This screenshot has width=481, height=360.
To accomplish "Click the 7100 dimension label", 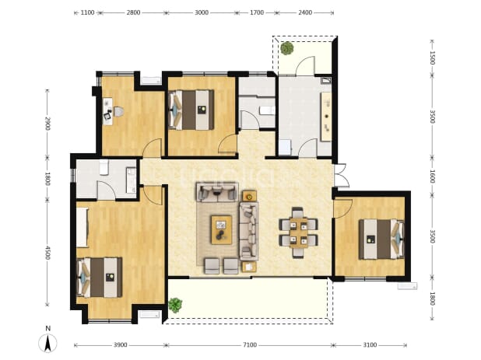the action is click(250, 345).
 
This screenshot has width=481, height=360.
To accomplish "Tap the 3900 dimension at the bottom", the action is click(120, 345).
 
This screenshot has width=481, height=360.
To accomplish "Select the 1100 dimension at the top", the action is click(87, 12).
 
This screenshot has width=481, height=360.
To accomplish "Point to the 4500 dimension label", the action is click(47, 253).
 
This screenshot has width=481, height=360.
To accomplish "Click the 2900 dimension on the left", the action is click(47, 123).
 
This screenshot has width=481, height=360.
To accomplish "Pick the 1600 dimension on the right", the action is click(432, 177).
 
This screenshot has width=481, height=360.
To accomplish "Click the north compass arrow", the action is click(47, 343).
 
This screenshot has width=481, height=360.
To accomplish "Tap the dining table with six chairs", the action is click(298, 232).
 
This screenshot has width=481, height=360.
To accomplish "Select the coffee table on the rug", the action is click(221, 230).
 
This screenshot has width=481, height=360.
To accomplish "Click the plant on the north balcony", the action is click(287, 48).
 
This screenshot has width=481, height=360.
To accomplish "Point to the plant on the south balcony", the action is click(175, 305).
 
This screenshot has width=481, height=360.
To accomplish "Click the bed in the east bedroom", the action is click(381, 239).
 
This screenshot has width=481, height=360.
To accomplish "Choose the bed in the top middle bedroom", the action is click(191, 110).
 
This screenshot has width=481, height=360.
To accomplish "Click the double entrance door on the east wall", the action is click(341, 176).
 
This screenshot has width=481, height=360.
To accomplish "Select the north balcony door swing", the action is click(304, 65).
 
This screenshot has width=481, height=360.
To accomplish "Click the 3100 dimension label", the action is click(370, 345).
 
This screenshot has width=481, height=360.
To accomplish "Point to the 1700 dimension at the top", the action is click(257, 12).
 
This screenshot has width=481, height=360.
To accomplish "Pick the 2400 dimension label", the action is click(305, 12).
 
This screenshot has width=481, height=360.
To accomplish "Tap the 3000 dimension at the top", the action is click(202, 12).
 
